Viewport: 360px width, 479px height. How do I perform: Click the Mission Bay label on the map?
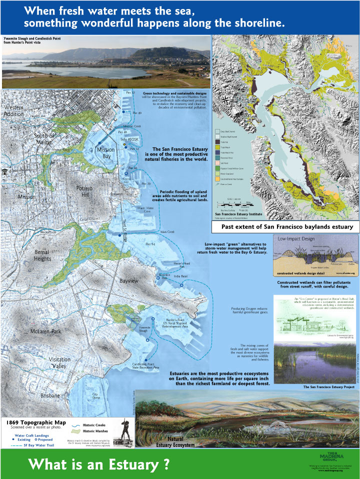[x=105, y=153]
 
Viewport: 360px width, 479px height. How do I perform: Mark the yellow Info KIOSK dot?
[x=124, y=144]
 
